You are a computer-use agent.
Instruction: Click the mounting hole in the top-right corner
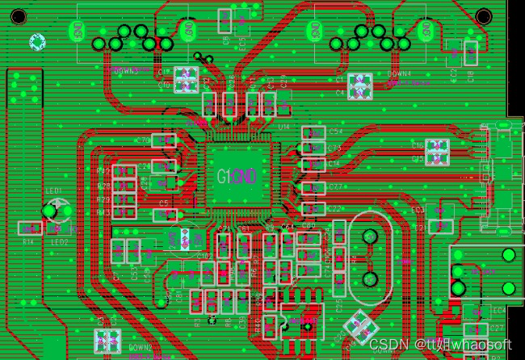pyautogui.click(x=483, y=15)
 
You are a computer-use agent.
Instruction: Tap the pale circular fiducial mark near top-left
pyautogui.click(x=37, y=41)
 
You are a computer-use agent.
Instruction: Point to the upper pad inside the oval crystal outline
pyautogui.click(x=370, y=237)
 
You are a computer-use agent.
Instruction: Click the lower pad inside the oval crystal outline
pyautogui.click(x=370, y=279)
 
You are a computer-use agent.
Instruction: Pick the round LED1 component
pyautogui.click(x=50, y=211)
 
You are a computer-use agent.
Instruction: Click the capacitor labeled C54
pyautogui.click(x=312, y=132)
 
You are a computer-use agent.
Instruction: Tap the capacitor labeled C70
pyautogui.click(x=164, y=140)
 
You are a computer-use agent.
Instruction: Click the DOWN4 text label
pyautogui.click(x=399, y=73)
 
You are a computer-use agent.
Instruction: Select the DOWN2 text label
pyautogui.click(x=141, y=347)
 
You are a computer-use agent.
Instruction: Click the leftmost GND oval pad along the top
pyautogui.click(x=77, y=31)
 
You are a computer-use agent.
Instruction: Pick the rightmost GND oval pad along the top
pyautogui.click(x=426, y=31)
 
